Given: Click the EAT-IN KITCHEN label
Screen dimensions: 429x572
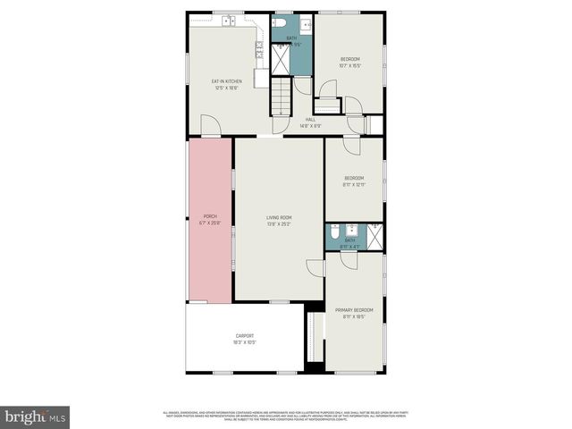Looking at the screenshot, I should (x=226, y=84).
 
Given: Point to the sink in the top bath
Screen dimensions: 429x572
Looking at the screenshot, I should (x=306, y=24).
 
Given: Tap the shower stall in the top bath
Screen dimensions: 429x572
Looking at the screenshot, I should (x=282, y=59).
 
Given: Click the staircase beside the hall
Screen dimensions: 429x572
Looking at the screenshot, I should (x=282, y=96).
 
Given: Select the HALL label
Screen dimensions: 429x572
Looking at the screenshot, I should (x=310, y=122).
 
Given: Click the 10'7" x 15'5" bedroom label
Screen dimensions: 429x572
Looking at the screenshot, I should (x=349, y=62).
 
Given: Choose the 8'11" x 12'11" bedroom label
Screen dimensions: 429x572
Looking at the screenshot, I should (x=354, y=181).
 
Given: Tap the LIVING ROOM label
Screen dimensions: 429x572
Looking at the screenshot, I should (x=279, y=221).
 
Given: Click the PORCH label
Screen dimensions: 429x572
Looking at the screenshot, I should (x=210, y=219).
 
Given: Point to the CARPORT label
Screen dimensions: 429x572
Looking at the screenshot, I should (x=244, y=339).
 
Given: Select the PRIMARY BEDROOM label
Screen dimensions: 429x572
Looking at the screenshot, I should (x=354, y=314).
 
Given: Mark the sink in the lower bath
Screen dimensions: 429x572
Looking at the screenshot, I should (x=351, y=229).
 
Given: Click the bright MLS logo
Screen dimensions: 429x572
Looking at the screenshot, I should (x=35, y=416).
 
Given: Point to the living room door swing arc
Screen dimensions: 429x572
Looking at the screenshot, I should (x=315, y=267).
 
